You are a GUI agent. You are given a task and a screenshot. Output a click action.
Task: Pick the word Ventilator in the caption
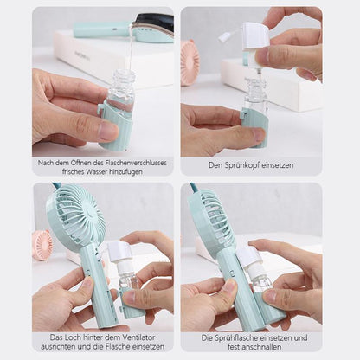point(139,337)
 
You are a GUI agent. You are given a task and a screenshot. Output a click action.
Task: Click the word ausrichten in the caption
point(56,346)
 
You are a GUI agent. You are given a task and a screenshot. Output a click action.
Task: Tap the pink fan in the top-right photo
point(190,62)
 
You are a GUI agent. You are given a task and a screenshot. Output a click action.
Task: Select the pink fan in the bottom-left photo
point(42,245)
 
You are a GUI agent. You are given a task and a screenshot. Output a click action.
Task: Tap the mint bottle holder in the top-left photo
point(115,125)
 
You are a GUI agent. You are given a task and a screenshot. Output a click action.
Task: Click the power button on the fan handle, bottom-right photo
point(231,272)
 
